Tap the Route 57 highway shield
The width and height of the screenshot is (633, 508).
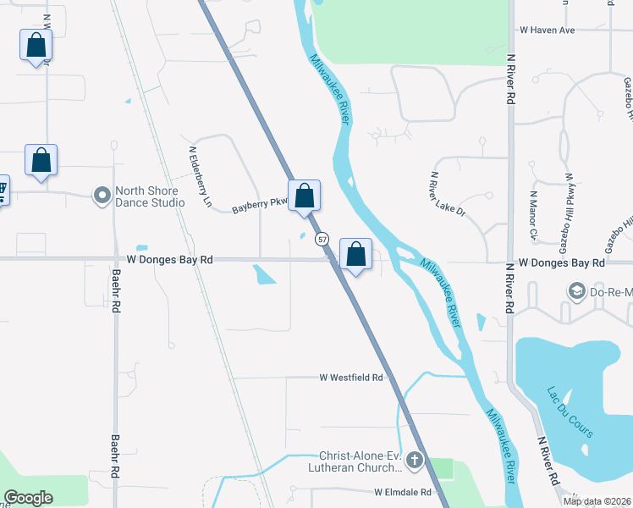click(x=322, y=240)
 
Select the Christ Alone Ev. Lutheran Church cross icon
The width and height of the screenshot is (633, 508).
click(x=414, y=461)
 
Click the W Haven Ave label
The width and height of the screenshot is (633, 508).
click(x=547, y=30)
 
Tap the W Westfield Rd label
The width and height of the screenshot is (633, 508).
click(x=351, y=378)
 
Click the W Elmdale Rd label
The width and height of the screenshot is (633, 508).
click(x=403, y=492)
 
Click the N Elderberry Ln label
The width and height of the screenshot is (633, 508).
click(x=199, y=177)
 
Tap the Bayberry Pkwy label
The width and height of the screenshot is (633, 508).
click(x=261, y=205)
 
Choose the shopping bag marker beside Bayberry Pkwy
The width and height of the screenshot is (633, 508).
click(x=305, y=196)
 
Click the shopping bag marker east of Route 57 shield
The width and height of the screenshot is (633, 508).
click(x=356, y=254)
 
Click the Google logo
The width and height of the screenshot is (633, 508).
click(x=28, y=498)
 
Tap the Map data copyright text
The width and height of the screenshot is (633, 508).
click(x=596, y=501)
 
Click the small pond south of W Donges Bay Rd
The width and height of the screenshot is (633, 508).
click(x=264, y=274)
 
